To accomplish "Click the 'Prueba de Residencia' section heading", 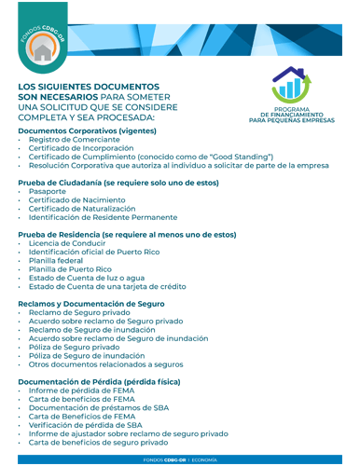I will (x=127, y=235).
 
